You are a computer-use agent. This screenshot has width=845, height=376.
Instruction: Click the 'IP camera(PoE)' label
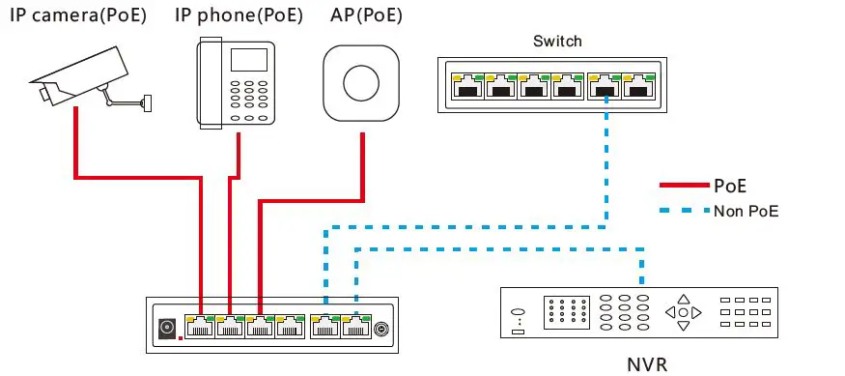[79, 16]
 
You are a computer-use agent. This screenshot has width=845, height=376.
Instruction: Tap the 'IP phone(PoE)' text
[239, 16]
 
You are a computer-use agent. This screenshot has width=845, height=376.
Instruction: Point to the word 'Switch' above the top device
[558, 42]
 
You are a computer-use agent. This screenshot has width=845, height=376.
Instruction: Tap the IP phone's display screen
[246, 61]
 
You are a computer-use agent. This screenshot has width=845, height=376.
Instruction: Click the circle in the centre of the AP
[362, 81]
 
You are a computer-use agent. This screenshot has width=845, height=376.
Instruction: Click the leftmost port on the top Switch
[468, 87]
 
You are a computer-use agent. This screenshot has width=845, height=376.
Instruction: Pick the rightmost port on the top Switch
[636, 87]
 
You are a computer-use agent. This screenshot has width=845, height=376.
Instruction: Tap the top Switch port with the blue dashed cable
[604, 87]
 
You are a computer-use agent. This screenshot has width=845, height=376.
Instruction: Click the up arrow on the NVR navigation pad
[684, 299]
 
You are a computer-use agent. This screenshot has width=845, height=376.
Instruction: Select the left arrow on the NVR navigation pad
[669, 312]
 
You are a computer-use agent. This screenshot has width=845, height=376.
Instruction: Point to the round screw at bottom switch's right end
[381, 328]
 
